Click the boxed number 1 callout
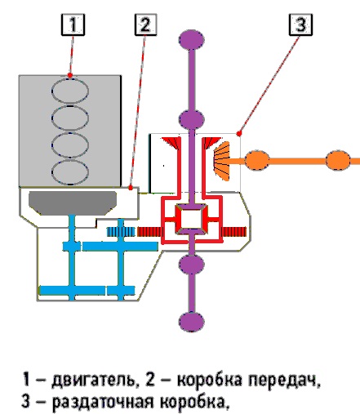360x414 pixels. tap(73, 24)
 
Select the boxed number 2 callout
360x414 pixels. tap(146, 24)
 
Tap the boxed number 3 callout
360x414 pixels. tap(300, 24)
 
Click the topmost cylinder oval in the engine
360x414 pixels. tap(70, 91)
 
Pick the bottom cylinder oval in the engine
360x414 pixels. tap(70, 172)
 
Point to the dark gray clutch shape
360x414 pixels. tap(73, 203)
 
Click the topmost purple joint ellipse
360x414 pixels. tap(192, 40)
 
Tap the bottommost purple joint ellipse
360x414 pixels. tap(192, 322)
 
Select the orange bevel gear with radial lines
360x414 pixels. tap(222, 161)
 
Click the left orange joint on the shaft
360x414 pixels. tap(257, 160)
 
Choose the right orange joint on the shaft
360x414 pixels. tap(338, 160)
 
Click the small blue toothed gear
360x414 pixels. tap(121, 232)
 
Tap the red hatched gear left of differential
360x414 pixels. tap(149, 232)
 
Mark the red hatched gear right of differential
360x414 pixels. tap(234, 232)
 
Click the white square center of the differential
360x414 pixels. tap(192, 219)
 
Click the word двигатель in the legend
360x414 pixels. tap(94, 381)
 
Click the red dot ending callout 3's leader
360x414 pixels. tap(239, 134)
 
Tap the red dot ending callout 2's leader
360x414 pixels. tap(131, 188)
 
